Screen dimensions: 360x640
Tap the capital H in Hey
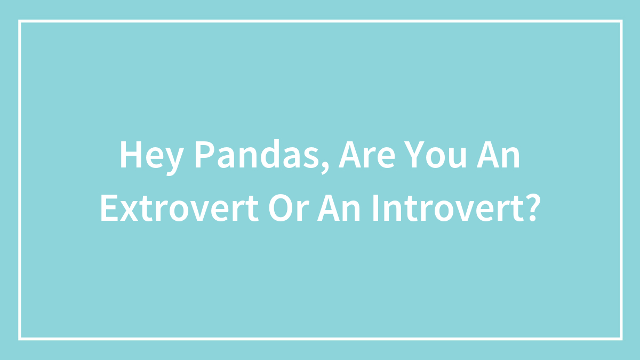point(130,156)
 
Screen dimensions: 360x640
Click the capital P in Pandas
point(202,156)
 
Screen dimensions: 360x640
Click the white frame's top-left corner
point(20,21)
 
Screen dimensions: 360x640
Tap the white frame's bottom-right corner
point(621,338)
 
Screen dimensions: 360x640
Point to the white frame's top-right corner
point(621,21)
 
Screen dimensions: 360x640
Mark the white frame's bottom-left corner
point(20,338)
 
